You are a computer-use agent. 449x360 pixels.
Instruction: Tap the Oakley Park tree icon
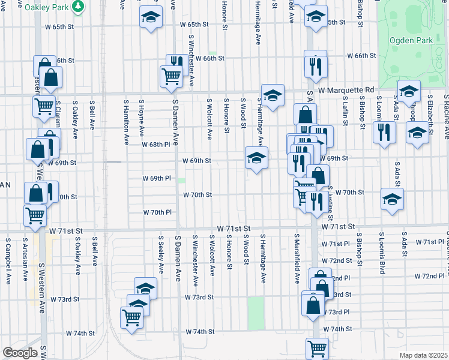tap(77, 6)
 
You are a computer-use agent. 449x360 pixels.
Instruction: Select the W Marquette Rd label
tap(346, 90)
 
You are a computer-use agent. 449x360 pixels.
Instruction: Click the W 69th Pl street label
tap(157, 178)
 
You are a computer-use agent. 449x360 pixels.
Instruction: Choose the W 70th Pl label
tap(158, 212)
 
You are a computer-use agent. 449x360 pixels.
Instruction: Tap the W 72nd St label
tap(337, 260)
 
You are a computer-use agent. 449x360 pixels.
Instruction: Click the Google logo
tap(20, 353)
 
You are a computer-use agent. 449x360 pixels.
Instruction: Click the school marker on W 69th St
tap(256, 158)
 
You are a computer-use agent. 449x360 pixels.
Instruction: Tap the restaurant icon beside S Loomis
tap(384, 131)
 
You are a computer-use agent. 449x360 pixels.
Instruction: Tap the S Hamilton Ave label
tap(127, 122)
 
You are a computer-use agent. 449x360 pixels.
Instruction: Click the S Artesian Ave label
tap(25, 259)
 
